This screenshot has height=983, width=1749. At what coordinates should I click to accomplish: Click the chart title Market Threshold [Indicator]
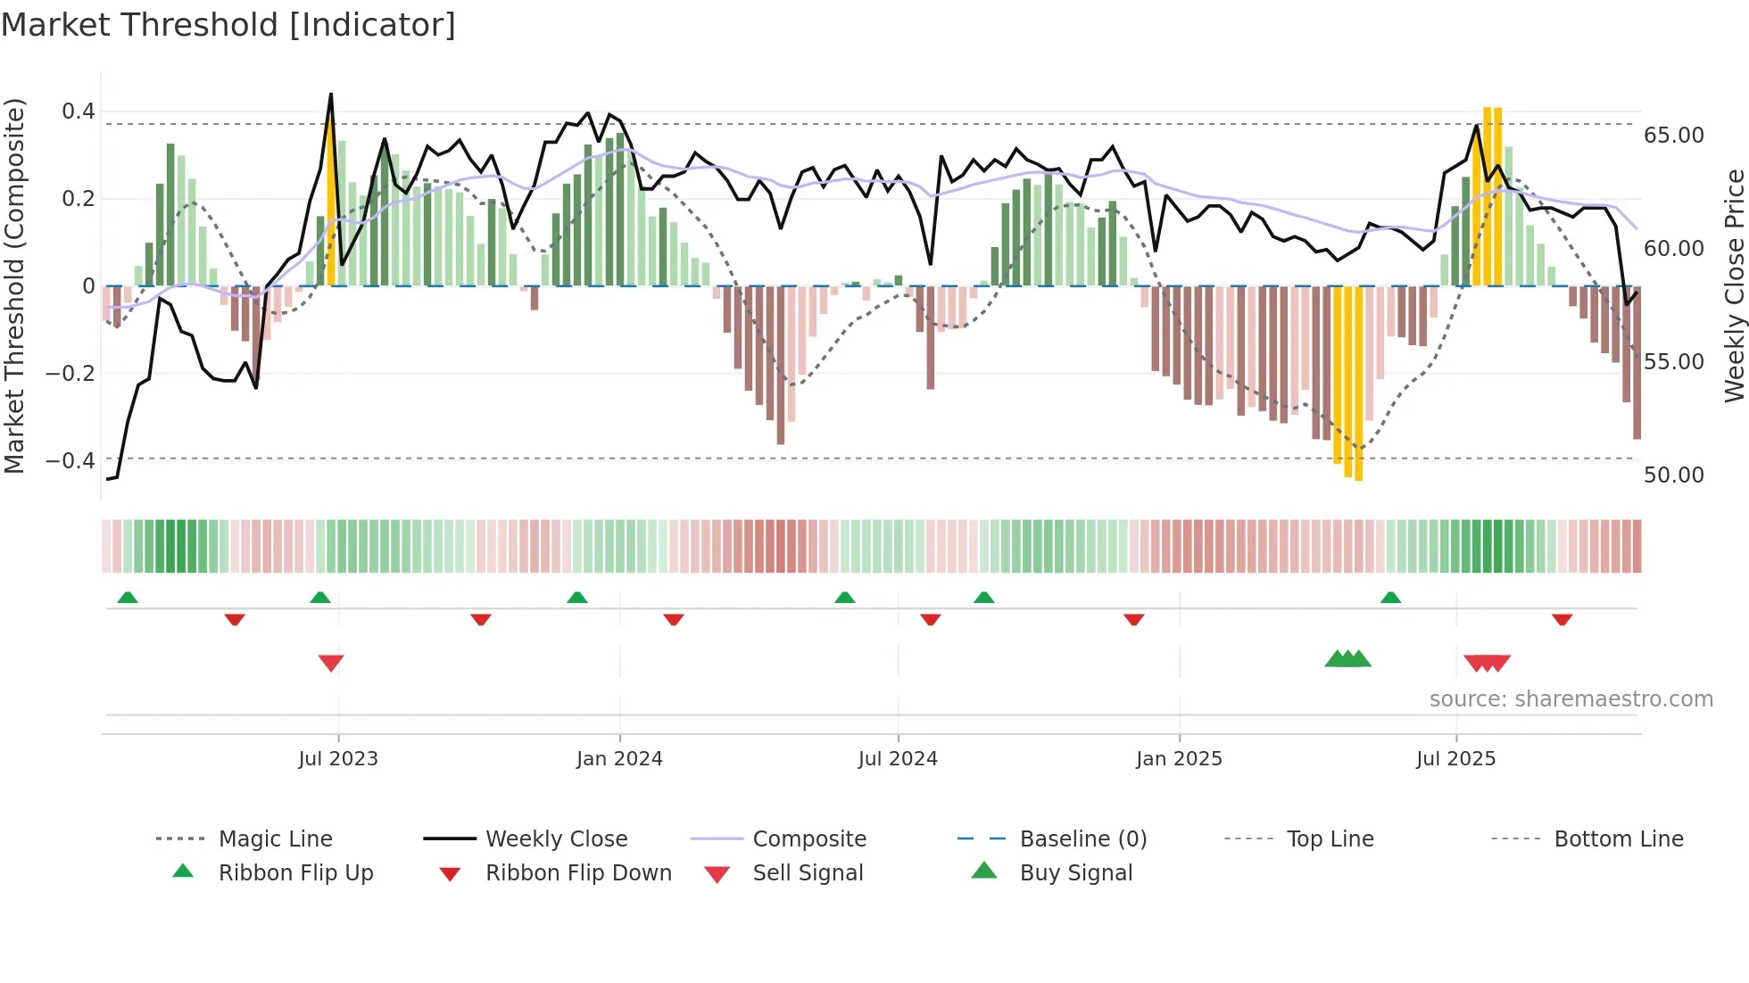pos(228,25)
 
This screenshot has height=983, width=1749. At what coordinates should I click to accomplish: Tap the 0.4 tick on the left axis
pos(78,112)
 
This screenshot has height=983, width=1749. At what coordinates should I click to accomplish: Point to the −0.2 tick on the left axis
pos(70,373)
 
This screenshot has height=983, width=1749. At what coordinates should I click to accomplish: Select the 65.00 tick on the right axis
pos(1673,136)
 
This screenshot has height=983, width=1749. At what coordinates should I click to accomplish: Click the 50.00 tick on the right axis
pos(1673,475)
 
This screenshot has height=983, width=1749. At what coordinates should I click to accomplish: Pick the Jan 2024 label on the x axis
pos(619,759)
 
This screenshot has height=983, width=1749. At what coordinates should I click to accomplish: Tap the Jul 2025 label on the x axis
pos(1455,759)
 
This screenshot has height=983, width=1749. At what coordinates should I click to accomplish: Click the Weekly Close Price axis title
pos(1734,285)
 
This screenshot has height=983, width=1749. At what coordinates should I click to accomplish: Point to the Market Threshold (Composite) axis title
pos(14,285)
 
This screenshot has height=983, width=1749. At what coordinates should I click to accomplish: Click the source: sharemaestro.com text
pos(1571,699)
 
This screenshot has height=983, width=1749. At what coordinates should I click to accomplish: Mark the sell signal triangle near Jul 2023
pos(331,663)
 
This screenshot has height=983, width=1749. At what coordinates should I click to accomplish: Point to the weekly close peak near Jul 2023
pos(331,94)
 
